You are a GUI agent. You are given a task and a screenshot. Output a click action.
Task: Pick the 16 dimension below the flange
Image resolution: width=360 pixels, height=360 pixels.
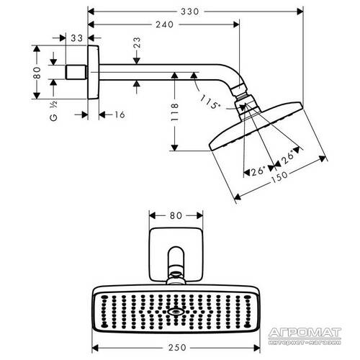click(x=119, y=114)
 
